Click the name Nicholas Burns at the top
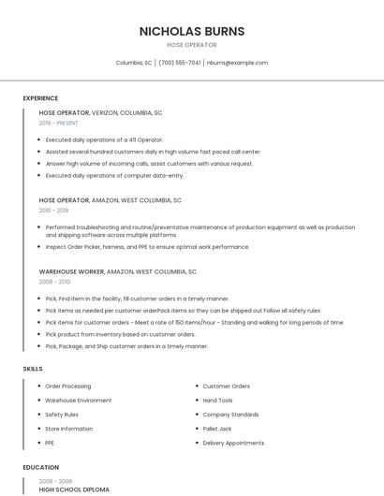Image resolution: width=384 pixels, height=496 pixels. (x=192, y=31)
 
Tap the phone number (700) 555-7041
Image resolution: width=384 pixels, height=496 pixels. (x=180, y=63)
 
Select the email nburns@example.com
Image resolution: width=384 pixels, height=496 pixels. (x=238, y=63)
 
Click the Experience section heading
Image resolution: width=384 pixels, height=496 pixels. (x=40, y=98)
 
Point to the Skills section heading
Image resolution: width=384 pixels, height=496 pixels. (x=33, y=369)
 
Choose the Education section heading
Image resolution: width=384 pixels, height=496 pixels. (x=40, y=467)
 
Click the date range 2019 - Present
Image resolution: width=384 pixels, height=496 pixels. (x=59, y=123)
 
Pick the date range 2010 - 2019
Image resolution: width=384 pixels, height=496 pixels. (x=53, y=211)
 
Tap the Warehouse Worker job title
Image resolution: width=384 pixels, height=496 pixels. (x=71, y=271)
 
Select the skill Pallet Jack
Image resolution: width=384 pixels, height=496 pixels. (x=217, y=429)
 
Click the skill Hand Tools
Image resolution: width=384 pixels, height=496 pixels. (x=218, y=401)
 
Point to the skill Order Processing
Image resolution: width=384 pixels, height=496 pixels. (x=68, y=387)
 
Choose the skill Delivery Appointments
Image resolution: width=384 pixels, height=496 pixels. (x=233, y=443)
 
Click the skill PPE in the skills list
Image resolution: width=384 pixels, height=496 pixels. (x=50, y=443)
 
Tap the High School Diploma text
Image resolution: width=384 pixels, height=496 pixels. (x=74, y=489)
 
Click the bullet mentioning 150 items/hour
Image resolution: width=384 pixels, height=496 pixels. (x=194, y=322)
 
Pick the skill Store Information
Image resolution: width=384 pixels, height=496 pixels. (x=69, y=429)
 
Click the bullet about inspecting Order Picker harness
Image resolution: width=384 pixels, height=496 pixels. (x=147, y=247)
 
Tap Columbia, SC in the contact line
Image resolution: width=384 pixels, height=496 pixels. (x=134, y=63)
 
